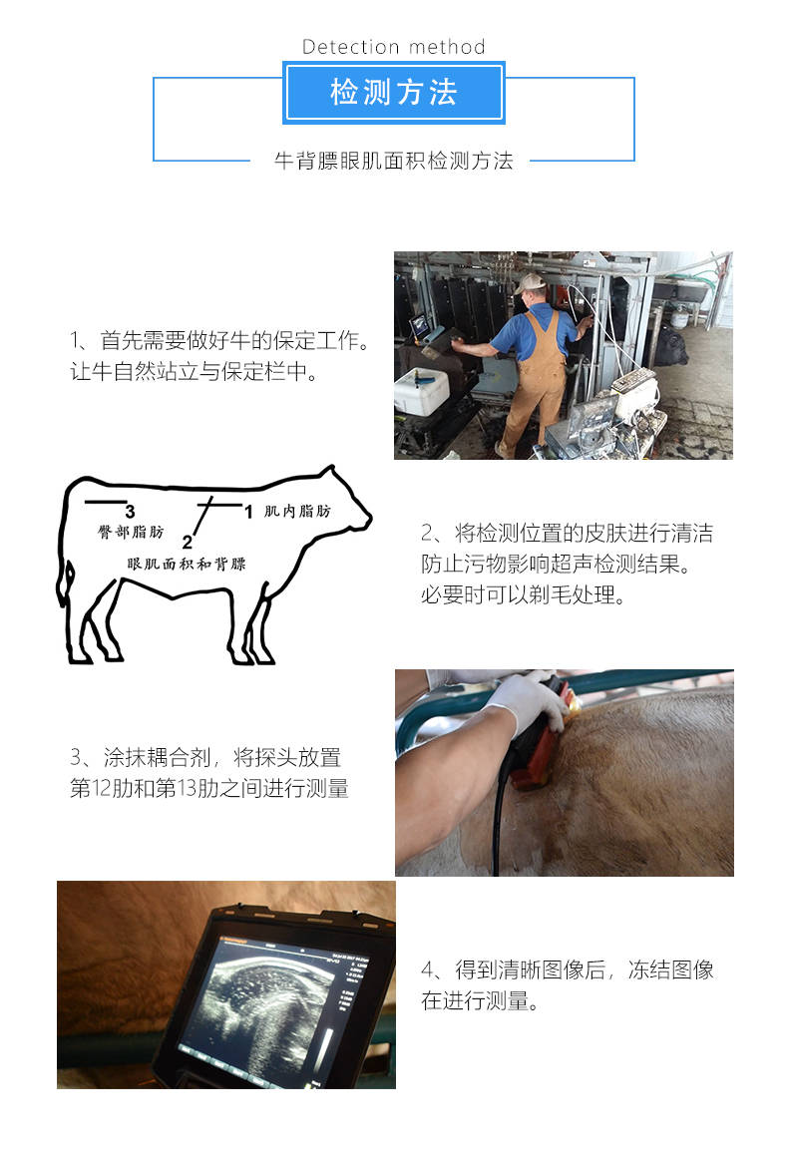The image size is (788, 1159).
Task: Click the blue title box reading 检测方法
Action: pos(393,93)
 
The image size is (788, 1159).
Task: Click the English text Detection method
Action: pos(393,47)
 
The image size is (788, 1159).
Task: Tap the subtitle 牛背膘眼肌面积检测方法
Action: pos(393,161)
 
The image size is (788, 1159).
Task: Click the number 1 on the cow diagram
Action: pos(248,513)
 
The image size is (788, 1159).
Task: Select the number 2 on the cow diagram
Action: pos(187,543)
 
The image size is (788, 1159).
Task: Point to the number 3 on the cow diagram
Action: pos(130,512)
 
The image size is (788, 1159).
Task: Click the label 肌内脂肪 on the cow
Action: pos(297,512)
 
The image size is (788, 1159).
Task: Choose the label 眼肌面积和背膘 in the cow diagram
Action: pos(187,564)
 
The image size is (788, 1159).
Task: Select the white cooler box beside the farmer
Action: pos(421,392)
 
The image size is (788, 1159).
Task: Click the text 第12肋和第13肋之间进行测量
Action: pos(209,789)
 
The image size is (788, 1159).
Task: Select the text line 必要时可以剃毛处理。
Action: pos(523,595)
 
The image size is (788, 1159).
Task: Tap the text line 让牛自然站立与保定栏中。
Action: pos(195,373)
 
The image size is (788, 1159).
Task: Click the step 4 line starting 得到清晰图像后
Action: pos(568,970)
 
